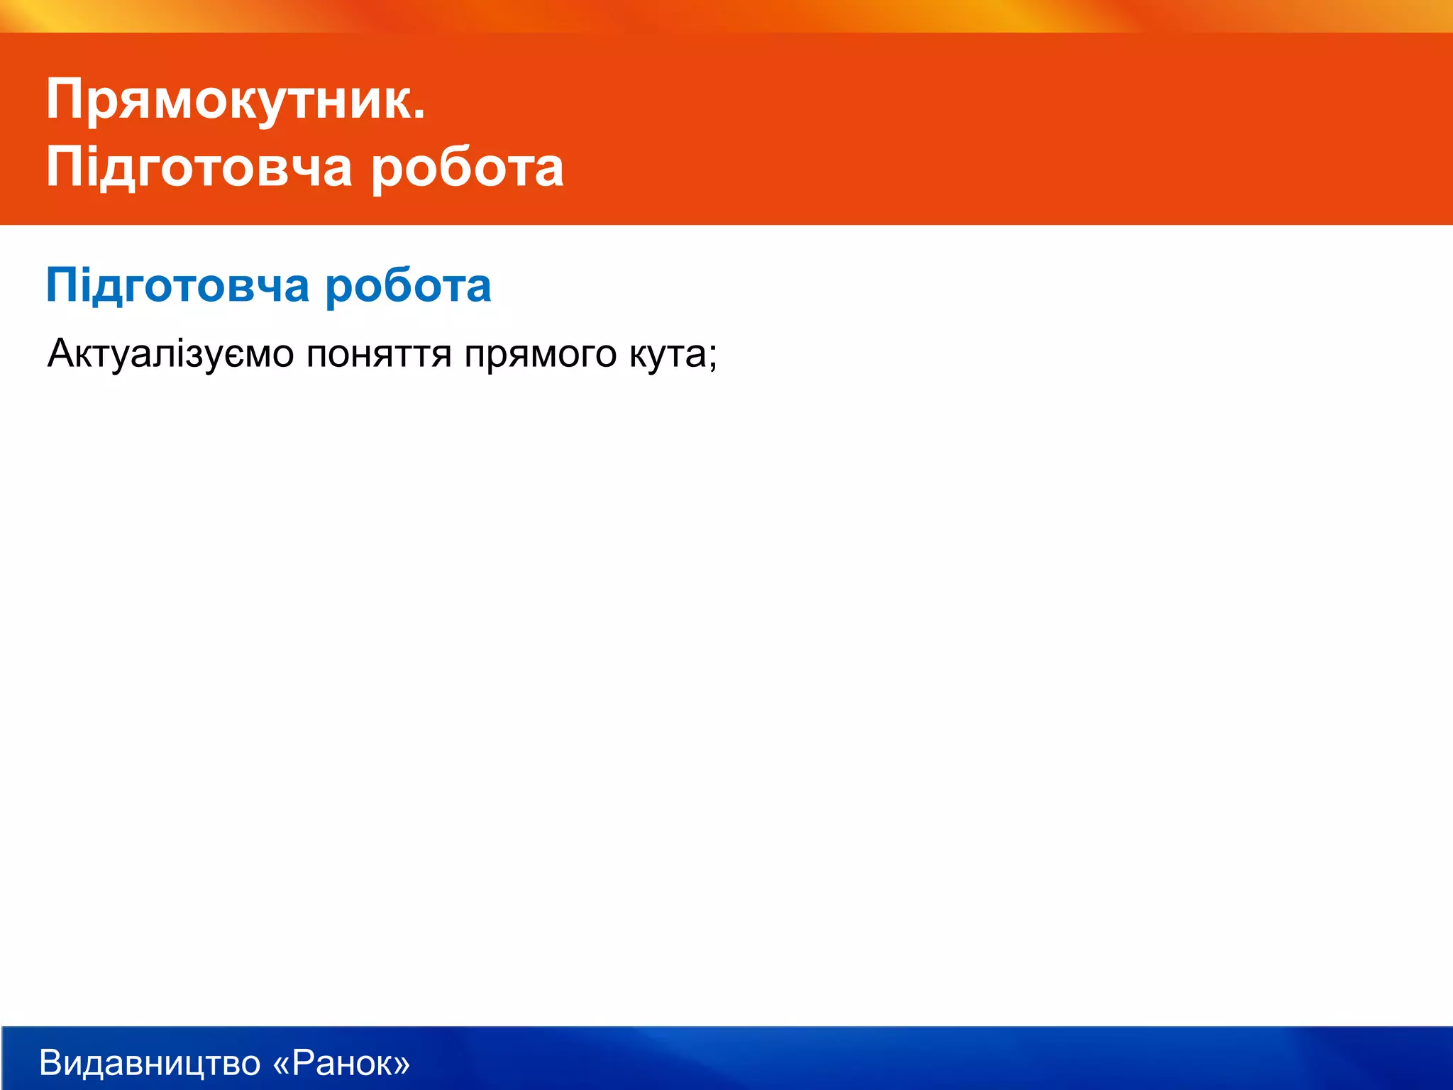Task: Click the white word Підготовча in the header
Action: click(x=199, y=168)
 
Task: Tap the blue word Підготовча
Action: click(x=178, y=286)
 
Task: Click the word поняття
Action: click(x=379, y=353)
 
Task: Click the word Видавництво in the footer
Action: click(x=150, y=1063)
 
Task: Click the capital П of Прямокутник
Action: click(x=66, y=99)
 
